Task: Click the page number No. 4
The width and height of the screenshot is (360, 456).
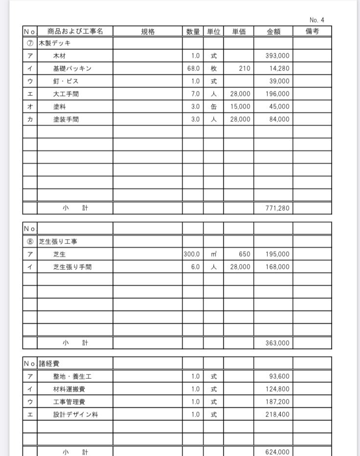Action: (x=317, y=20)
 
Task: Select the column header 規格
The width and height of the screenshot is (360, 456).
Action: (x=148, y=31)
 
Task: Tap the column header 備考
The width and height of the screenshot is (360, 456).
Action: (x=312, y=31)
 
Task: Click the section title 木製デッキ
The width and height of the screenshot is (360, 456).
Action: (x=55, y=43)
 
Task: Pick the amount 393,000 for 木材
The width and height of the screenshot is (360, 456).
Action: (x=277, y=56)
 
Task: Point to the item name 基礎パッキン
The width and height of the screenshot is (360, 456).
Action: (x=72, y=69)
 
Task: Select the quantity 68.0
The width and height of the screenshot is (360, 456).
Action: (x=193, y=69)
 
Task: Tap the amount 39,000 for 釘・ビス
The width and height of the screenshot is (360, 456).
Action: (x=279, y=82)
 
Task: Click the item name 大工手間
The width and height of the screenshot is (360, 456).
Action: (x=66, y=94)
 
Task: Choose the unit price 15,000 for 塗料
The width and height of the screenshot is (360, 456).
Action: (x=240, y=107)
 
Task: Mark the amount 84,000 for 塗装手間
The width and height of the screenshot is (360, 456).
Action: (x=279, y=119)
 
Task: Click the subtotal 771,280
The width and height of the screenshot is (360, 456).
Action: (x=277, y=208)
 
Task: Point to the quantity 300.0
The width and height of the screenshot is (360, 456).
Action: (x=192, y=254)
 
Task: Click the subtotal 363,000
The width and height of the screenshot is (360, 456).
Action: (x=277, y=343)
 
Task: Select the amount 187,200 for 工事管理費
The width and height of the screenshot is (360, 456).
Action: (x=277, y=402)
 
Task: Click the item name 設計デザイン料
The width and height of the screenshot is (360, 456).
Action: (x=75, y=414)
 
